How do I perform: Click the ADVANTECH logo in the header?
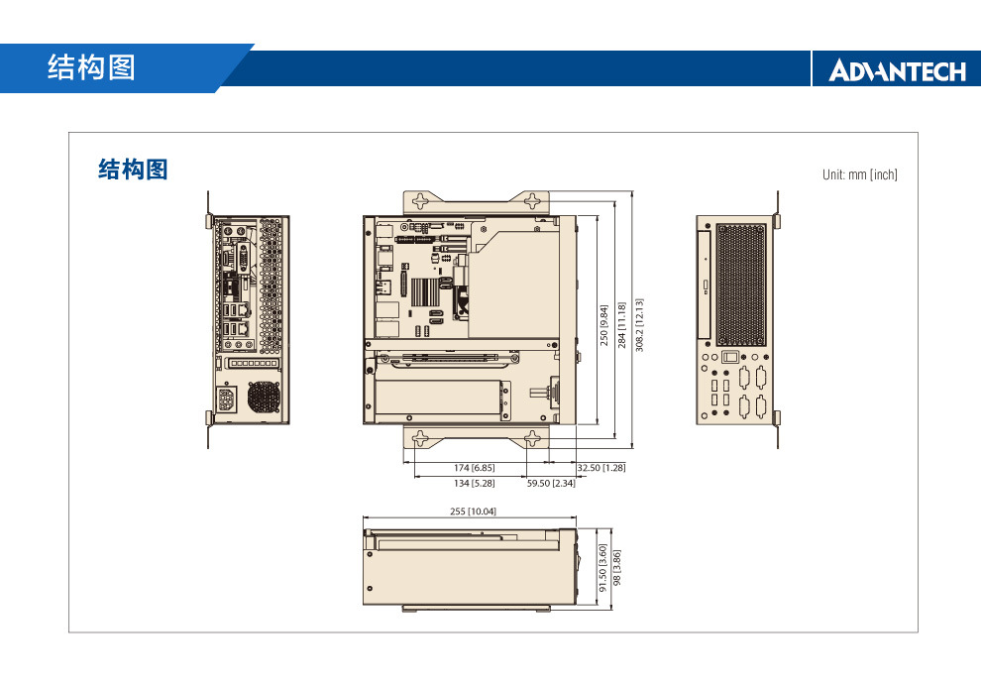897,70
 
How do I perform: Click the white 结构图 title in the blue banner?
91,68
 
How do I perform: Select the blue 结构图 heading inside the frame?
133,171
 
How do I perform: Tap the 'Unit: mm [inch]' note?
859,174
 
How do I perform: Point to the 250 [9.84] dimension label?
603,324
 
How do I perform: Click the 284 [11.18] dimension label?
621,324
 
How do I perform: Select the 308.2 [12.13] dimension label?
639,324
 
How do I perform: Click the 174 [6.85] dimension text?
475,467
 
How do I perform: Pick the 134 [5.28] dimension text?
475,483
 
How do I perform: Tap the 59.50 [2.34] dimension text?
551,483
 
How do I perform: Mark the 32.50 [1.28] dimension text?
600,467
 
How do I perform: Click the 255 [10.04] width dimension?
474,512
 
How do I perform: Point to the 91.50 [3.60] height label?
602,568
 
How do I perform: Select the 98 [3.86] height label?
617,568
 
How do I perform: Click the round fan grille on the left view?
264,398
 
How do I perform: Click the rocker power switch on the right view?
730,357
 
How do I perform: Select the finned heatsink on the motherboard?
425,291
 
